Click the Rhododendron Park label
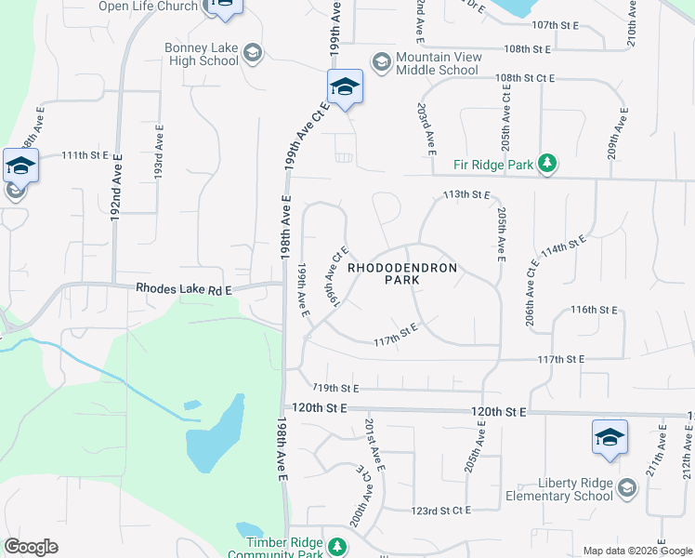pos(402,273)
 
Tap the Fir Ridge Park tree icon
pos(548,164)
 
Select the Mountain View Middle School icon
pos(381,62)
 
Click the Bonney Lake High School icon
pos(252,55)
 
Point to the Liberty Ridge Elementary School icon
pos(627,489)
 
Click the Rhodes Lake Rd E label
pos(184,289)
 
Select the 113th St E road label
pos(466,194)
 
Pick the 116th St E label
pos(595,309)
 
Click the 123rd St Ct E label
pos(441,511)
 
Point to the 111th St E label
pos(85,154)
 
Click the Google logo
pos(31,547)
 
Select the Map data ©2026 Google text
pos(637,551)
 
